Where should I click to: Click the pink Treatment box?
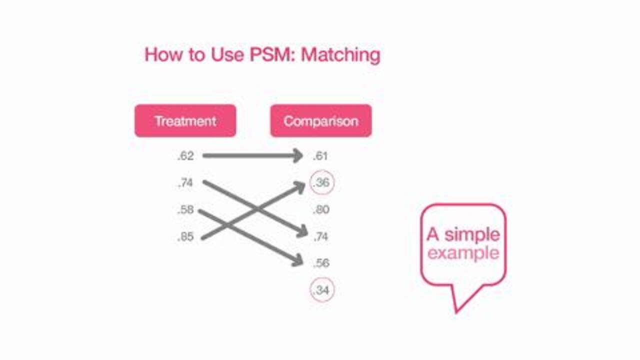(185, 120)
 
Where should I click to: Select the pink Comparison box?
(320, 120)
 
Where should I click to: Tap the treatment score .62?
(185, 156)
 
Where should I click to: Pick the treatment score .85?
(185, 237)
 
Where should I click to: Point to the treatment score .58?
(185, 210)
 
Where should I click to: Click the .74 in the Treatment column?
(185, 183)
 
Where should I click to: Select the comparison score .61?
(320, 156)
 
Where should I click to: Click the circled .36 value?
(322, 183)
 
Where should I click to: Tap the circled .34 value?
(322, 290)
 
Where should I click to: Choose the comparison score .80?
(321, 210)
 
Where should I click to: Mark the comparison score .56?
(321, 263)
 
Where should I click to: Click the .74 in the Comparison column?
(321, 237)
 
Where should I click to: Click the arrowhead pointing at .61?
(298, 156)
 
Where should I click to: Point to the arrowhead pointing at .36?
(300, 186)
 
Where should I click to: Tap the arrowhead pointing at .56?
(298, 260)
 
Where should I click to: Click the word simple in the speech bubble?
(471, 234)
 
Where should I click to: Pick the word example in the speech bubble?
(463, 253)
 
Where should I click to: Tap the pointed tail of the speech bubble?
(456, 309)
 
